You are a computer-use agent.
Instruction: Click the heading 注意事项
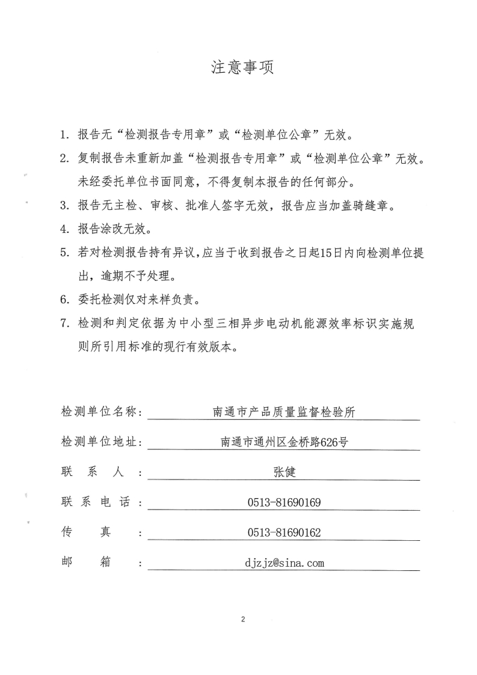pos(242,68)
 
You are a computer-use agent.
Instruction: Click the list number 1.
pos(64,134)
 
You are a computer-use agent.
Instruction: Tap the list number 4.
pos(64,229)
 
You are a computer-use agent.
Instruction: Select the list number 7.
pos(64,324)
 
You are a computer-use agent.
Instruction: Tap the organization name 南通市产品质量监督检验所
pos(285,412)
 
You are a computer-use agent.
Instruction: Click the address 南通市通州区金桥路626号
pos(285,442)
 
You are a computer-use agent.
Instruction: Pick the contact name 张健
pos(285,472)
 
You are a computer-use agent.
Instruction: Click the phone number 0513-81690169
pos(285,502)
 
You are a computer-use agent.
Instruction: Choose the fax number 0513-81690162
pos(285,532)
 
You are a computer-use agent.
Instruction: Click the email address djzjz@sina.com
pos(285,563)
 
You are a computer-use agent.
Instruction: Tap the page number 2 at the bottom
pos(242,619)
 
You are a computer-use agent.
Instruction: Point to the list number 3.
pos(64,206)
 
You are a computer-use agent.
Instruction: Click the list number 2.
pos(64,159)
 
